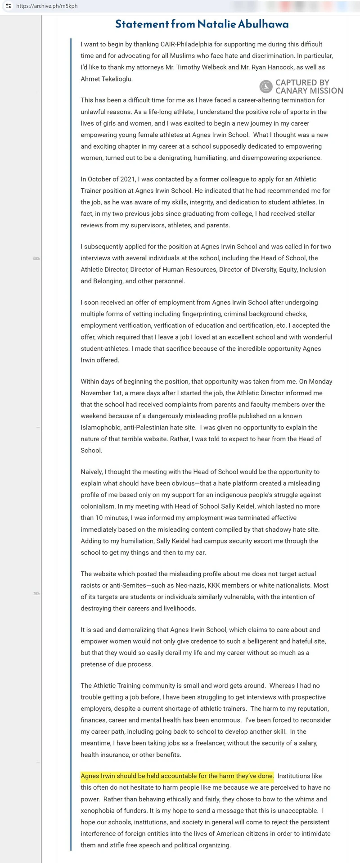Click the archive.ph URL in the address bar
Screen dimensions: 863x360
coord(47,6)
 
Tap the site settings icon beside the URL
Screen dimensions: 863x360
coord(8,6)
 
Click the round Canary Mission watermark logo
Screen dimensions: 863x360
coord(266,86)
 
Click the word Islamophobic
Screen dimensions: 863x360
coord(101,428)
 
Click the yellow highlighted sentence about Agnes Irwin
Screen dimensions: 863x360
coord(177,776)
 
